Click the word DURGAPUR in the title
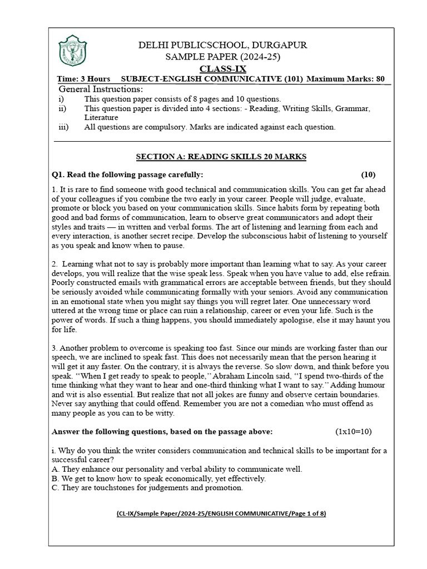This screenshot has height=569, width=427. [x=277, y=46]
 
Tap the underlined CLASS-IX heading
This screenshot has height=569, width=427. [x=222, y=68]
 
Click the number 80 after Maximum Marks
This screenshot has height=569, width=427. [x=380, y=79]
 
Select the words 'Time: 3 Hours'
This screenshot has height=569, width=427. [x=83, y=79]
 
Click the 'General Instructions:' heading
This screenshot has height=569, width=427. [x=101, y=89]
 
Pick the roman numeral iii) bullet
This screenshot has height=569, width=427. [x=63, y=127]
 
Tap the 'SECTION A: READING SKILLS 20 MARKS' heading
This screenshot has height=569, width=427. [x=221, y=157]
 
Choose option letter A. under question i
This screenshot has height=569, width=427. [x=54, y=469]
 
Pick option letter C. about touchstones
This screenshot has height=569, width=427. [x=54, y=488]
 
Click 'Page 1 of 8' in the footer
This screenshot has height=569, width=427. [x=306, y=514]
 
